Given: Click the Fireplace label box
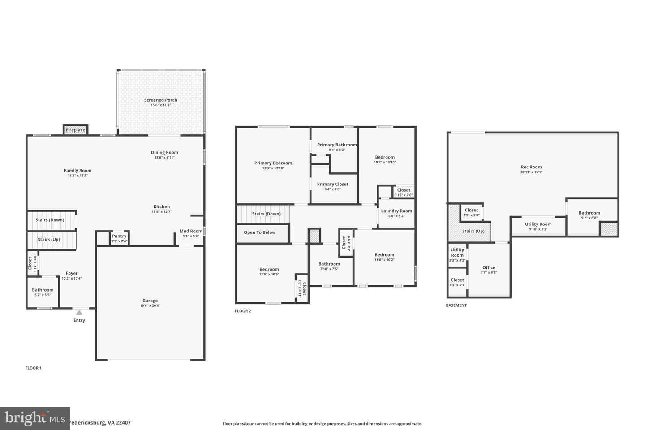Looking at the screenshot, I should coord(75,130).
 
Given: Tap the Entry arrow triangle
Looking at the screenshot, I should coord(79,313).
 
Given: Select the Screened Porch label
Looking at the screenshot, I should coord(160,100).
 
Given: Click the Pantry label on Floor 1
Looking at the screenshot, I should coord(119,236).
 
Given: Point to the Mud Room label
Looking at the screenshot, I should coord(191,231).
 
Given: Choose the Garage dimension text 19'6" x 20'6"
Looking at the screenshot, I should coord(150,306).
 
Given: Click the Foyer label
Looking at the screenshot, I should coord(72,273).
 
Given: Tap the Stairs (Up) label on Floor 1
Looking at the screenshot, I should coord(49,240).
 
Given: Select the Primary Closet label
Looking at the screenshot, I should coord(332,184).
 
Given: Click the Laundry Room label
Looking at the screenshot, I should coord(396,211).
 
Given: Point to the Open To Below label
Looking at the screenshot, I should coord(260,232).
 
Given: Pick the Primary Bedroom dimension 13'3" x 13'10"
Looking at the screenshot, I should coord(273,168).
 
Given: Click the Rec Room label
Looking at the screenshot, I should coord(531,167).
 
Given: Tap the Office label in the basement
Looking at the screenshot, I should coord(489,267).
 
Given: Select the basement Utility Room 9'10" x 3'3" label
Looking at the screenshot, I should coord(538,224).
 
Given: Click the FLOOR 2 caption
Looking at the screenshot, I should coord(243,311).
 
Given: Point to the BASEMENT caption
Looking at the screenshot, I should coord(456,305).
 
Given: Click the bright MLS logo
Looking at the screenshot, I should coord(35,418).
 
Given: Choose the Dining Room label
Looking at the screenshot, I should coord(164,152).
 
